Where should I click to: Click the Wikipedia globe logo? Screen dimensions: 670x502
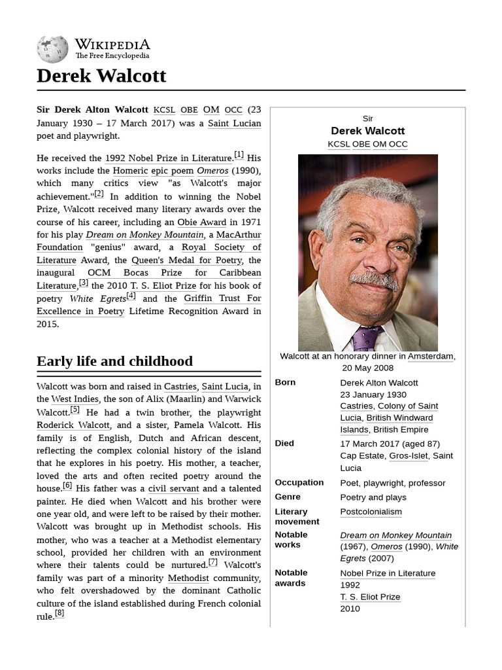coord(52,49)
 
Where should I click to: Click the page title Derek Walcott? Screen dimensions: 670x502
coord(101,76)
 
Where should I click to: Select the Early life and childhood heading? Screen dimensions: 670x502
coord(114,361)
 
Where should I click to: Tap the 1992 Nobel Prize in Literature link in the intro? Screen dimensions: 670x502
coord(168,158)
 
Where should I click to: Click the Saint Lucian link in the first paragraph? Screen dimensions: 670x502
coord(234,123)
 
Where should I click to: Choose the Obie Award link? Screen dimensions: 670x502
coord(201,222)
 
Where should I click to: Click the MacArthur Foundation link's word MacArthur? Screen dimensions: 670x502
coord(238,235)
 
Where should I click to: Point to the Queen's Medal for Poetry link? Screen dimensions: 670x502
coord(187,260)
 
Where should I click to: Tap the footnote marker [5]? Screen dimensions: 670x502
coord(75,410)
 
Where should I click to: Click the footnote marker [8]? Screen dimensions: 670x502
coord(59,613)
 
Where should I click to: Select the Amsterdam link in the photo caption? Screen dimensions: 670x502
coord(430,357)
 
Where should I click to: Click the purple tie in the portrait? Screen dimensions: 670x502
coord(367,338)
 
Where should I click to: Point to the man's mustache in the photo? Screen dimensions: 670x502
coord(373,279)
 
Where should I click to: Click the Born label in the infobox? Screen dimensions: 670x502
coord(285,383)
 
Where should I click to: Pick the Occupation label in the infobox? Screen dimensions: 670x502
coord(299,483)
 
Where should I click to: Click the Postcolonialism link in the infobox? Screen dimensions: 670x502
coord(371,512)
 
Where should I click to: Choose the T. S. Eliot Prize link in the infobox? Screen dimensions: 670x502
coord(370,597)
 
